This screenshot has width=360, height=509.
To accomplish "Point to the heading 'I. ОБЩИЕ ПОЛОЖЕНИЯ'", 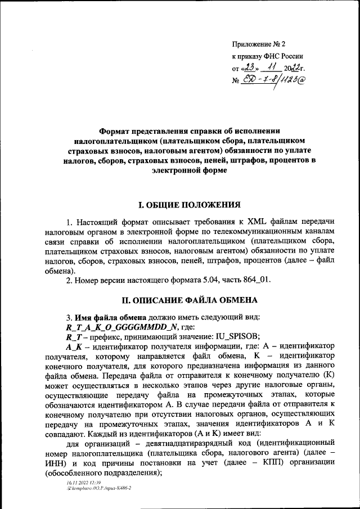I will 182,204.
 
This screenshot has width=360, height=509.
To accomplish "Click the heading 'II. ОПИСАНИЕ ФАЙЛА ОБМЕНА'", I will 182,300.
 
